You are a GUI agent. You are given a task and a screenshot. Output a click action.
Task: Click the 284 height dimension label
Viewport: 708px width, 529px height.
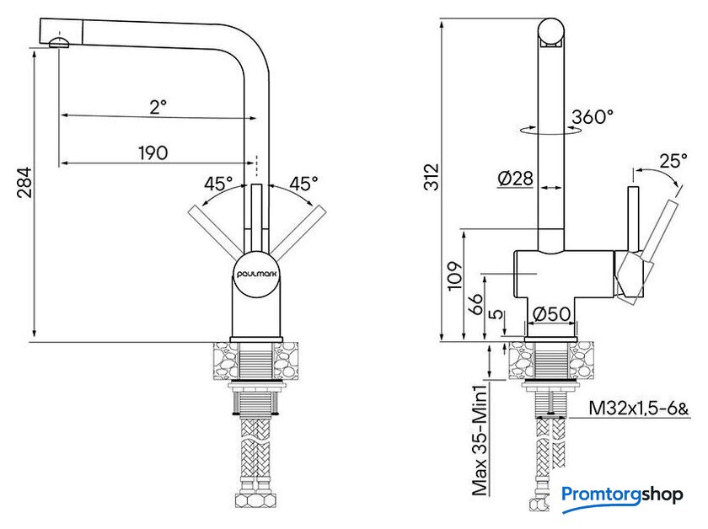[x=24, y=182]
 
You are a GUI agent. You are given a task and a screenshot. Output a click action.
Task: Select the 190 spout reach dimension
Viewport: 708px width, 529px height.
[x=153, y=153]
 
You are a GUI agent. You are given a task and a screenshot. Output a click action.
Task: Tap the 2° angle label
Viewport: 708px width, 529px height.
[x=158, y=106]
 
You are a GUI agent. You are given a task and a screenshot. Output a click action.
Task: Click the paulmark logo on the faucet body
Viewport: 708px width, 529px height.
[x=256, y=274]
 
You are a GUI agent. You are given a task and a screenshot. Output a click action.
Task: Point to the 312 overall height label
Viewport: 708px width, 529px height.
[x=432, y=177]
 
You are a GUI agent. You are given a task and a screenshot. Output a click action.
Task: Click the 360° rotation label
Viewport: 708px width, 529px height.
[x=593, y=117]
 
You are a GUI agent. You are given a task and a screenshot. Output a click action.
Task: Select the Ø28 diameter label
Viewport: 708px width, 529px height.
[x=515, y=179]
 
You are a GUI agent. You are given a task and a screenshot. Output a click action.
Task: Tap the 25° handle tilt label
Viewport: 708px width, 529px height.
[x=673, y=161]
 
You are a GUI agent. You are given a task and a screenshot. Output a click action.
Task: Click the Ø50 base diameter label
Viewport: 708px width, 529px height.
[x=551, y=313]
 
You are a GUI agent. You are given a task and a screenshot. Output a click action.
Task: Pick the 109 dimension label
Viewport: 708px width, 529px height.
[x=455, y=276]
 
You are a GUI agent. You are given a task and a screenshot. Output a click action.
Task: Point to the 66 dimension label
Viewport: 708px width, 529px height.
[x=475, y=304]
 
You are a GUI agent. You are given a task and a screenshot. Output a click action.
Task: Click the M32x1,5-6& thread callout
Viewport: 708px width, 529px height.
[x=639, y=409]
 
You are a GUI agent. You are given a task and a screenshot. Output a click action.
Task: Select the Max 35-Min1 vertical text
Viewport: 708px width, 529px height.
[x=480, y=440]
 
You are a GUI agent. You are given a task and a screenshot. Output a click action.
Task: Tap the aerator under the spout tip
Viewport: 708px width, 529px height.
[x=59, y=43]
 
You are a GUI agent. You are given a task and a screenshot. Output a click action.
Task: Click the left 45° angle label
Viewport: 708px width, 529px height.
[x=218, y=184]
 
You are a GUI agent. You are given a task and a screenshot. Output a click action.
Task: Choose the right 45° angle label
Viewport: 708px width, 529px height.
[x=303, y=184]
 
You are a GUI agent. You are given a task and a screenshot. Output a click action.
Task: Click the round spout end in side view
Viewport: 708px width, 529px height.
[x=551, y=32]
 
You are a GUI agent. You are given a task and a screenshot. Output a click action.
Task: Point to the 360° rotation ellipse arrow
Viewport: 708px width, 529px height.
[x=550, y=131]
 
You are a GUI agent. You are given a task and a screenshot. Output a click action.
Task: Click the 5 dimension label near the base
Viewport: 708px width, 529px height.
[x=496, y=313]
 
